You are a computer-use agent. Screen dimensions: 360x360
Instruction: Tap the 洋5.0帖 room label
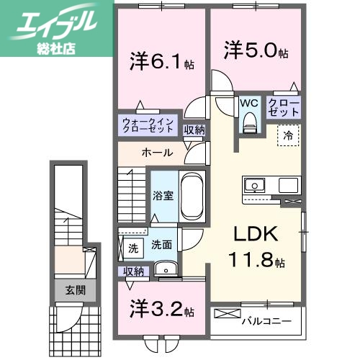(256, 52)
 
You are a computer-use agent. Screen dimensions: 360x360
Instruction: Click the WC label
(249, 103)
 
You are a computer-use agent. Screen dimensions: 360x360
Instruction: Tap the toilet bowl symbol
(249, 124)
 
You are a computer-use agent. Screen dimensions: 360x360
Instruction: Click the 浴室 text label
(161, 196)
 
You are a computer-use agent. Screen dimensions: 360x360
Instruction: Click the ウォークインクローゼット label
(148, 125)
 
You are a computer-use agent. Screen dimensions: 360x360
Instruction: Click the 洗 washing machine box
(132, 248)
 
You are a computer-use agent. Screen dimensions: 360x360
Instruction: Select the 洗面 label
(161, 245)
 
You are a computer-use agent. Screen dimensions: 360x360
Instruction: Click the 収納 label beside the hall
(194, 130)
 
